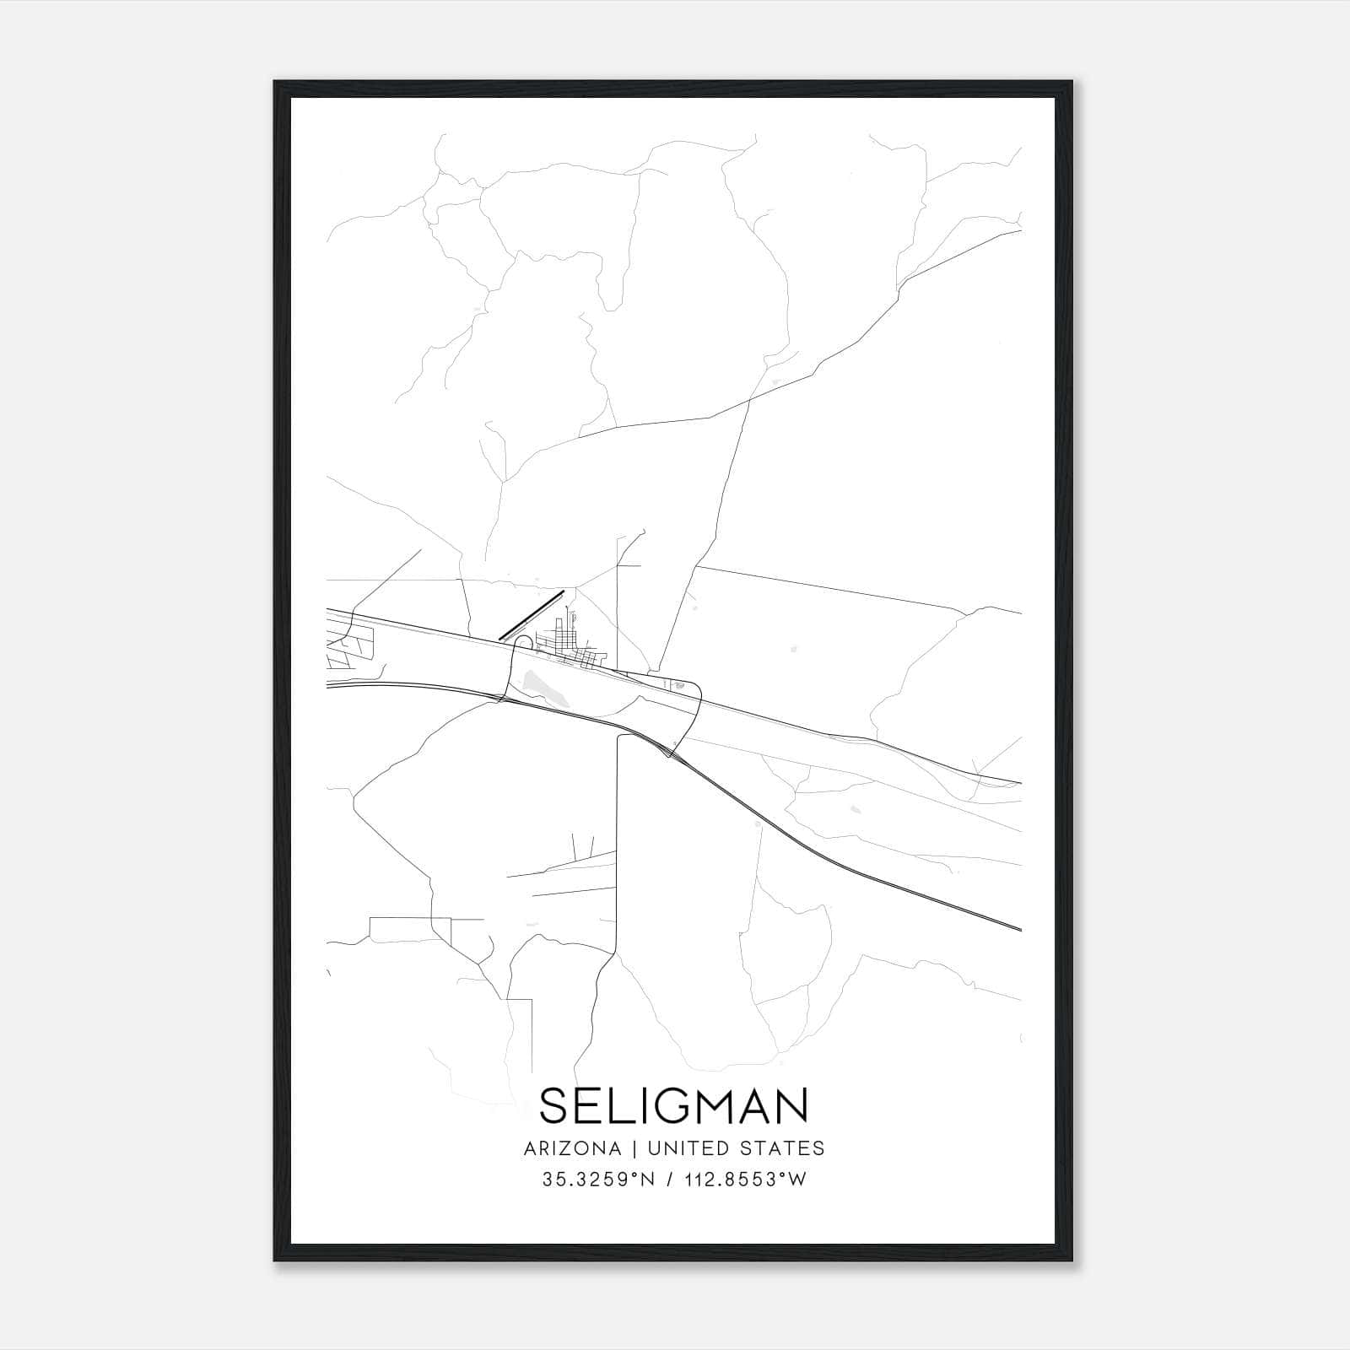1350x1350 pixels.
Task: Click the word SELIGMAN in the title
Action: click(673, 1105)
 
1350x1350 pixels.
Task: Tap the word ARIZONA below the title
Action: click(572, 1148)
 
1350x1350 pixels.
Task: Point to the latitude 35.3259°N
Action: click(598, 1180)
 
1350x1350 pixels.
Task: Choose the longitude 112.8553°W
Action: click(742, 1180)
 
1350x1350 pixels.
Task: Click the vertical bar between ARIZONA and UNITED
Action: click(629, 1148)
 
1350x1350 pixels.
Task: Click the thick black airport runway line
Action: click(531, 616)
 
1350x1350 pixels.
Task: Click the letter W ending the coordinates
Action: click(798, 1180)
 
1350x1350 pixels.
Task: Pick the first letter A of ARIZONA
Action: click(530, 1148)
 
